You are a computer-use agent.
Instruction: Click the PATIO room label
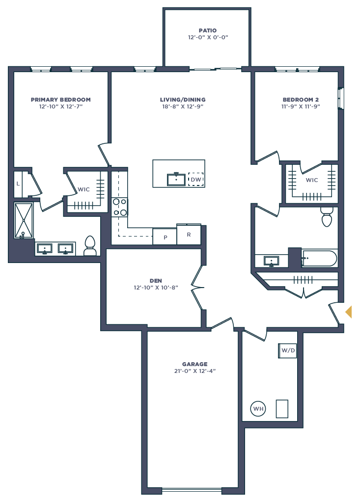point(208,30)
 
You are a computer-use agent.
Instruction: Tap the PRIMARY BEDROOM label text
point(60,100)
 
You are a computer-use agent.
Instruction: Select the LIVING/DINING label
point(182,100)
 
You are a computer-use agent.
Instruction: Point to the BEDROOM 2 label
point(301,100)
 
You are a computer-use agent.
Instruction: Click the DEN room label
point(156,281)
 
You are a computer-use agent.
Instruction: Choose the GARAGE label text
point(194,364)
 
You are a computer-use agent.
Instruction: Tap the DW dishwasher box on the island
point(196,180)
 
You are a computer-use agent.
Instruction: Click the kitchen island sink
point(176,179)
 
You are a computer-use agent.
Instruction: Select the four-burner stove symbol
point(120,207)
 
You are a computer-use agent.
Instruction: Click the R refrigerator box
point(189,234)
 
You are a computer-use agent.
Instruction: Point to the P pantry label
point(165,238)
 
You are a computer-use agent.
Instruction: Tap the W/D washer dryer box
point(288,350)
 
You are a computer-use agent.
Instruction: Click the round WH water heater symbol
point(258,408)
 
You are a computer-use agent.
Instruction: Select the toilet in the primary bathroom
point(90,246)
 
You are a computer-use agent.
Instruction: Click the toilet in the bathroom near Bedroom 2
point(327,216)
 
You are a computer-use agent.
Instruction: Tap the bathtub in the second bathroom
point(320,258)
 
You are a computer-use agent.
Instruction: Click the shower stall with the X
point(24,220)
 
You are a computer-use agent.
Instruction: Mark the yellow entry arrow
point(348,312)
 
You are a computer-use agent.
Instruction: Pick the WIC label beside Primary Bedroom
point(83,189)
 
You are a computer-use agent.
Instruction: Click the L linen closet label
point(18,184)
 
